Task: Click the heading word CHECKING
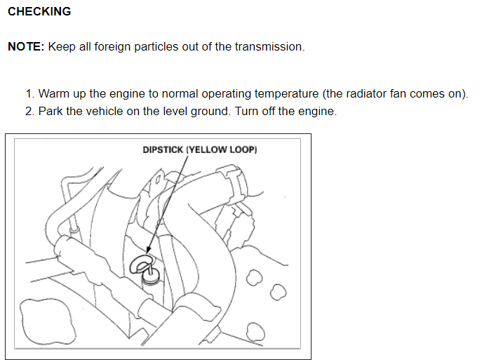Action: (39, 12)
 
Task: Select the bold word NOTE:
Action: (27, 47)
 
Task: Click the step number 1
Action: (29, 94)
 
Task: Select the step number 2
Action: (29, 112)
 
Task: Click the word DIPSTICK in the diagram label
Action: (163, 149)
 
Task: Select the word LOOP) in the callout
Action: (244, 149)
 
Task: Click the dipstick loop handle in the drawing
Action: (140, 265)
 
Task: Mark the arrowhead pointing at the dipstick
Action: (148, 251)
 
